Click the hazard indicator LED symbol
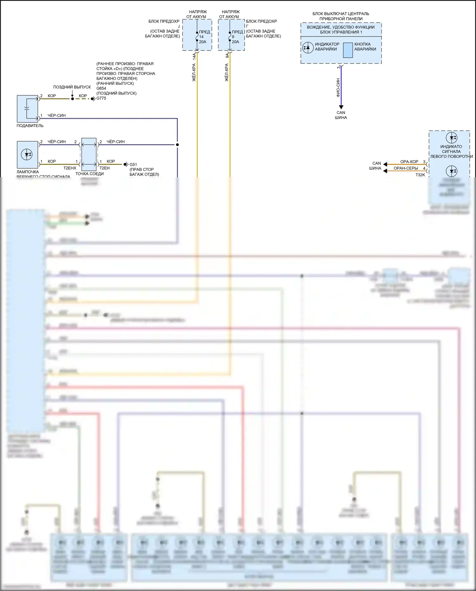307,48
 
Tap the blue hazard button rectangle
348,50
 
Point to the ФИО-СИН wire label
338,88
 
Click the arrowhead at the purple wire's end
341,107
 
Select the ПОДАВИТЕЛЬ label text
30,126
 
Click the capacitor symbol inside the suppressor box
27,109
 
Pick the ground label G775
101,98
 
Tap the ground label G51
133,165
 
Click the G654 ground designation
101,88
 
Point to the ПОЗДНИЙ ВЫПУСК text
72,87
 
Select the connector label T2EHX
70,168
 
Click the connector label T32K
420,175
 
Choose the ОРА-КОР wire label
409,162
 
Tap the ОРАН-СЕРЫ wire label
406,168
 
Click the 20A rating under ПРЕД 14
202,42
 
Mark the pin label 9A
227,55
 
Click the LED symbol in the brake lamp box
27,155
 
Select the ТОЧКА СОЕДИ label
89,174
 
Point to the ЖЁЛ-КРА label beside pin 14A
194,72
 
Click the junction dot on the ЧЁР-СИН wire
177,144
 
